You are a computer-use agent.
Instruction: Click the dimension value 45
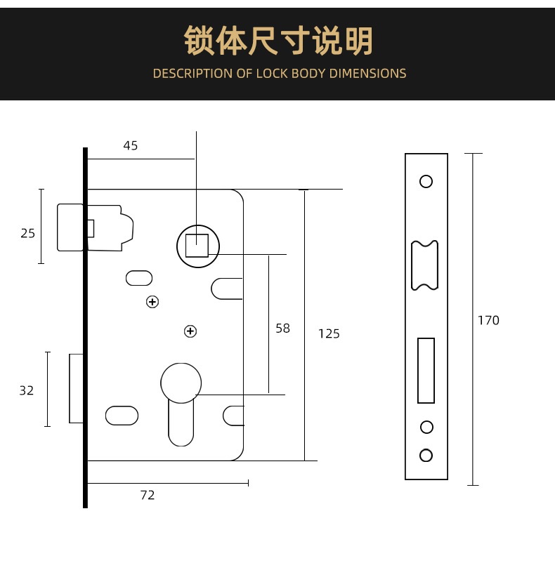click(x=131, y=145)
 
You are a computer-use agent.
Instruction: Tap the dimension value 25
click(x=27, y=233)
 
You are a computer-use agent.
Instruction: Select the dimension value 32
click(x=27, y=390)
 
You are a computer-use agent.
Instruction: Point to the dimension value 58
click(x=282, y=328)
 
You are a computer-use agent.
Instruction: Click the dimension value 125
click(x=329, y=333)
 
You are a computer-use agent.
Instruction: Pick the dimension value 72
click(x=148, y=495)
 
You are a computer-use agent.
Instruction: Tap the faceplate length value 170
click(x=488, y=320)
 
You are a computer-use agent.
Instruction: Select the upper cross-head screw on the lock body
click(x=152, y=302)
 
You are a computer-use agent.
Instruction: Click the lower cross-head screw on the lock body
click(x=190, y=331)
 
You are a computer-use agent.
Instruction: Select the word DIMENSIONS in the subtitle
click(x=367, y=74)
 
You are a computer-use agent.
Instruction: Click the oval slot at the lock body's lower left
click(x=122, y=416)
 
